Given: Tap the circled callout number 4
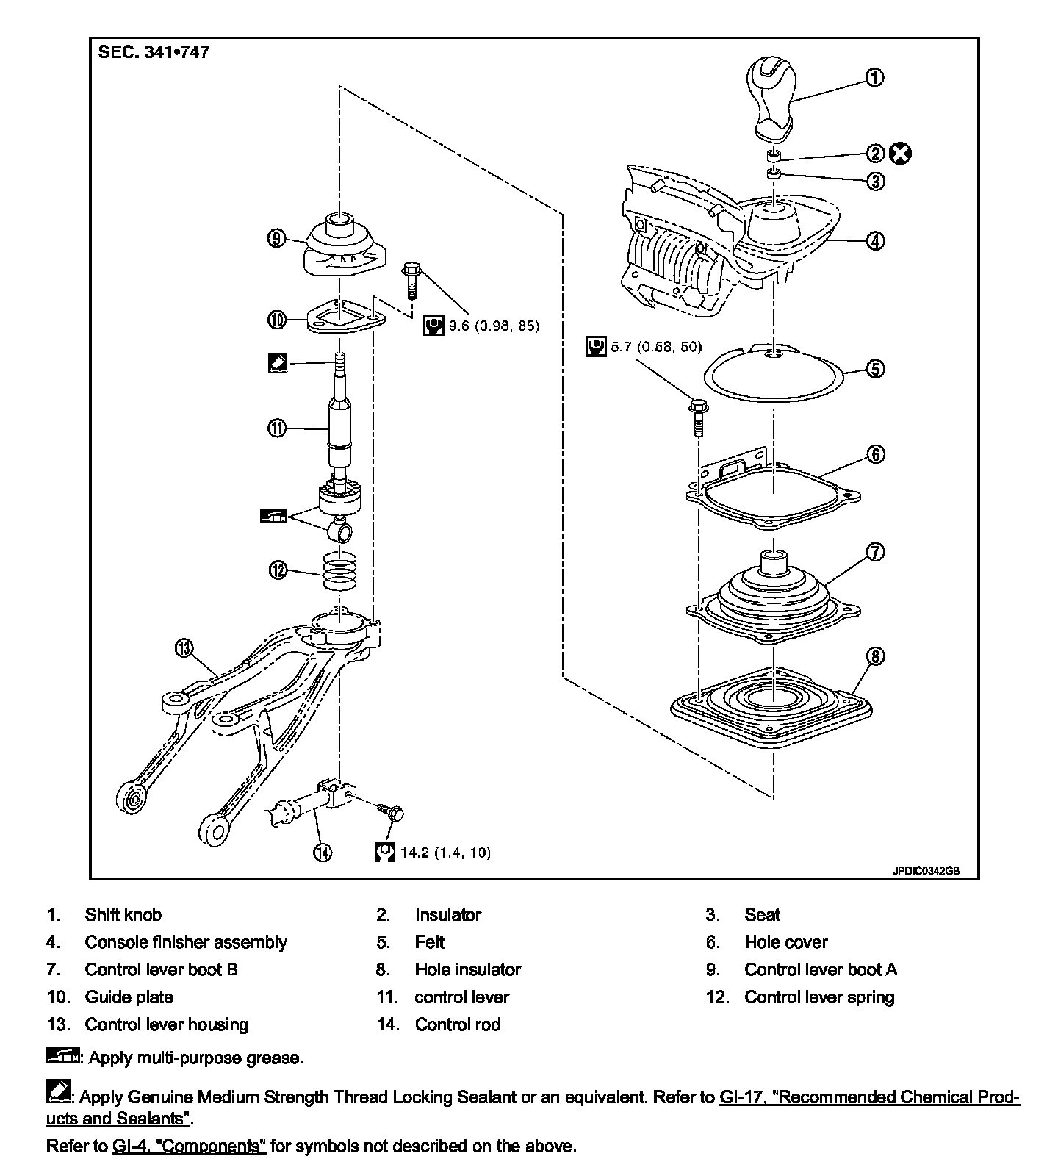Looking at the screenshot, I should pyautogui.click(x=874, y=240).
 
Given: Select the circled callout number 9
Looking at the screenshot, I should pyautogui.click(x=276, y=238).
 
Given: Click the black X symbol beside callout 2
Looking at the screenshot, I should pyautogui.click(x=900, y=154).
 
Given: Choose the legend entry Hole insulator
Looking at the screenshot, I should pyautogui.click(x=467, y=969).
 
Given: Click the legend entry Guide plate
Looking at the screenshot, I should pyautogui.click(x=129, y=997).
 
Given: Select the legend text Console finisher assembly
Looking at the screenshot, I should pyautogui.click(x=186, y=942).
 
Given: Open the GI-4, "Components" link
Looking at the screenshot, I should pyautogui.click(x=189, y=1146).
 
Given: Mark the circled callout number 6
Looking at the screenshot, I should pyautogui.click(x=876, y=454).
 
